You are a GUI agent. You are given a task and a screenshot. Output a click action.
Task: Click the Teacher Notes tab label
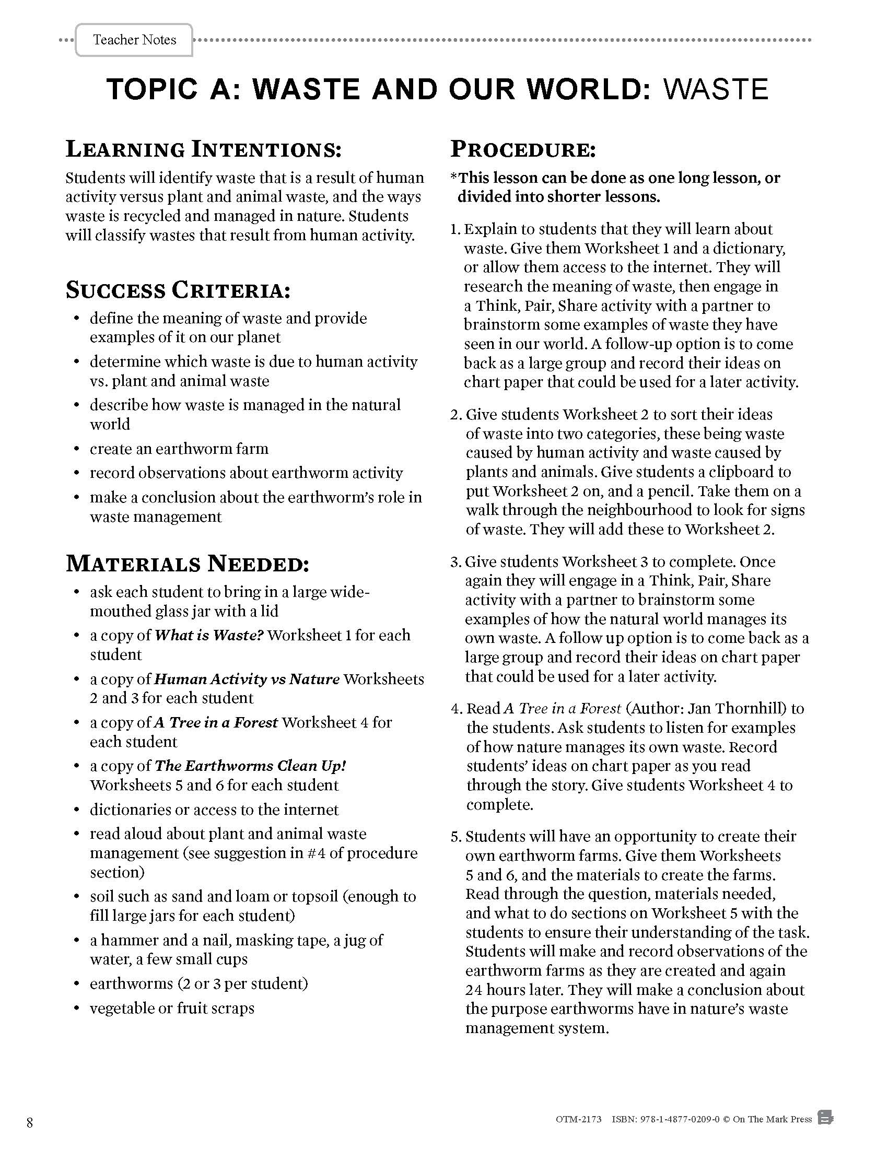tap(134, 40)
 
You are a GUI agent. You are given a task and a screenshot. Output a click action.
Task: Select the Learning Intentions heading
tap(204, 149)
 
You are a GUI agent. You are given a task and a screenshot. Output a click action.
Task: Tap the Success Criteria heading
tap(178, 290)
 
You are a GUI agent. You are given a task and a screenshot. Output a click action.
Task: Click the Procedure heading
tap(523, 149)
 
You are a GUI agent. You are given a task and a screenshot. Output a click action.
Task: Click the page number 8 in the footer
tap(29, 1123)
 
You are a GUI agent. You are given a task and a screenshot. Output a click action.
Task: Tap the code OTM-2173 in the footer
tap(578, 1120)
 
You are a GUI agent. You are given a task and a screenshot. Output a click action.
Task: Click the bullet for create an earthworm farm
tap(77, 449)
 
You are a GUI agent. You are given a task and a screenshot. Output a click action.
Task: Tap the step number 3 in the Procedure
tap(454, 562)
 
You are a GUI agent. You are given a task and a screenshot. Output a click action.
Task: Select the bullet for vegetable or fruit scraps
tap(77, 1009)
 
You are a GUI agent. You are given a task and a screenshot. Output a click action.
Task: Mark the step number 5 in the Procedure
tap(454, 837)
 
